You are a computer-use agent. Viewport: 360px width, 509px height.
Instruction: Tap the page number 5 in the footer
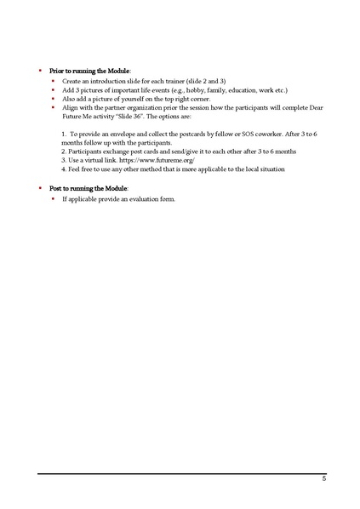click(x=323, y=480)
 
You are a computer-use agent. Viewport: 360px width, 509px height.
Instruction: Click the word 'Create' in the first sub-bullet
click(x=73, y=80)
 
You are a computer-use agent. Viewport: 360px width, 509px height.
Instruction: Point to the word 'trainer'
click(x=174, y=80)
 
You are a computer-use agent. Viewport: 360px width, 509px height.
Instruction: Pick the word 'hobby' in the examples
click(x=189, y=89)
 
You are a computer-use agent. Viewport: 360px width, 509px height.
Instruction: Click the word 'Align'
click(x=71, y=108)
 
